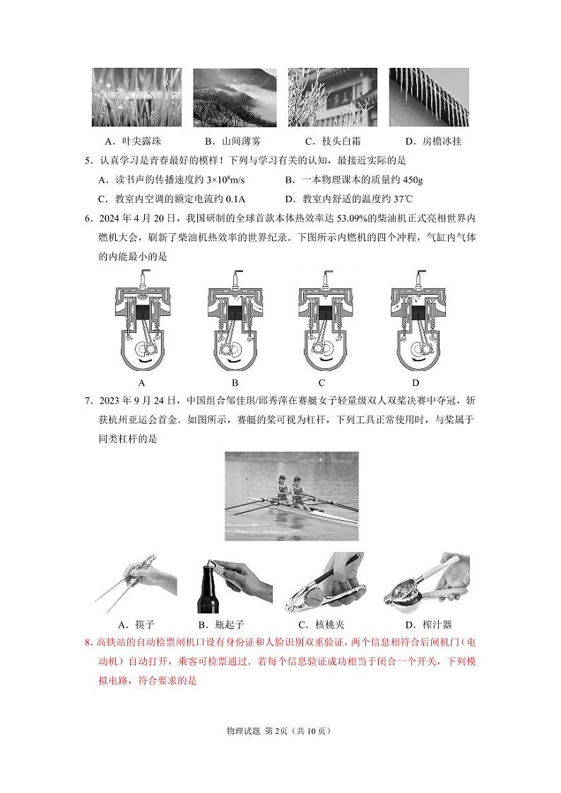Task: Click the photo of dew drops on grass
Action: click(x=136, y=97)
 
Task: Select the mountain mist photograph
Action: click(x=234, y=97)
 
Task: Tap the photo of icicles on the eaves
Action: click(x=429, y=97)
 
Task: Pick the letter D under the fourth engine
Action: click(x=416, y=383)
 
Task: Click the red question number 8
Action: click(x=88, y=642)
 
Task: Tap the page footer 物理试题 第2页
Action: click(x=255, y=731)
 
